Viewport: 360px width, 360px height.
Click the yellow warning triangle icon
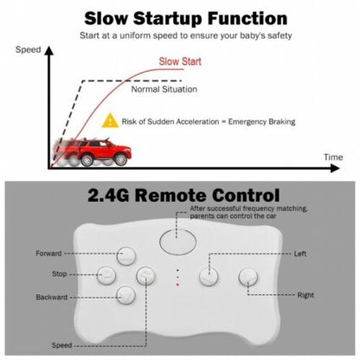[110, 121]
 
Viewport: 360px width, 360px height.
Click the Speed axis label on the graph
[28, 49]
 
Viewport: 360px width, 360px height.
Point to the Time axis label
[333, 157]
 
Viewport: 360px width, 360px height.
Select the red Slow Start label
[180, 61]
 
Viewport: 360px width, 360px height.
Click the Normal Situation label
[164, 89]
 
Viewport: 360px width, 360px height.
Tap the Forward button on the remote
[126, 255]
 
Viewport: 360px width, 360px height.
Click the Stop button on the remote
[106, 275]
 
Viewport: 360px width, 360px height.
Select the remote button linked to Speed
[145, 275]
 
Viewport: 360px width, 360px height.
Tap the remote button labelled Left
[209, 277]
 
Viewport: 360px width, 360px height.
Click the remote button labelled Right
[248, 277]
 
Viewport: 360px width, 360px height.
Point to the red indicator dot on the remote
[177, 285]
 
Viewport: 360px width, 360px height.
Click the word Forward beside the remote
[48, 254]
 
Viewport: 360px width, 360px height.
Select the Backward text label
[52, 297]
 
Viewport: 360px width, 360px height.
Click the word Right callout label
[305, 295]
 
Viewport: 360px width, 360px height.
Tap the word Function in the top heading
[247, 18]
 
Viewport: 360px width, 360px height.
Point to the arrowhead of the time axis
[335, 168]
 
